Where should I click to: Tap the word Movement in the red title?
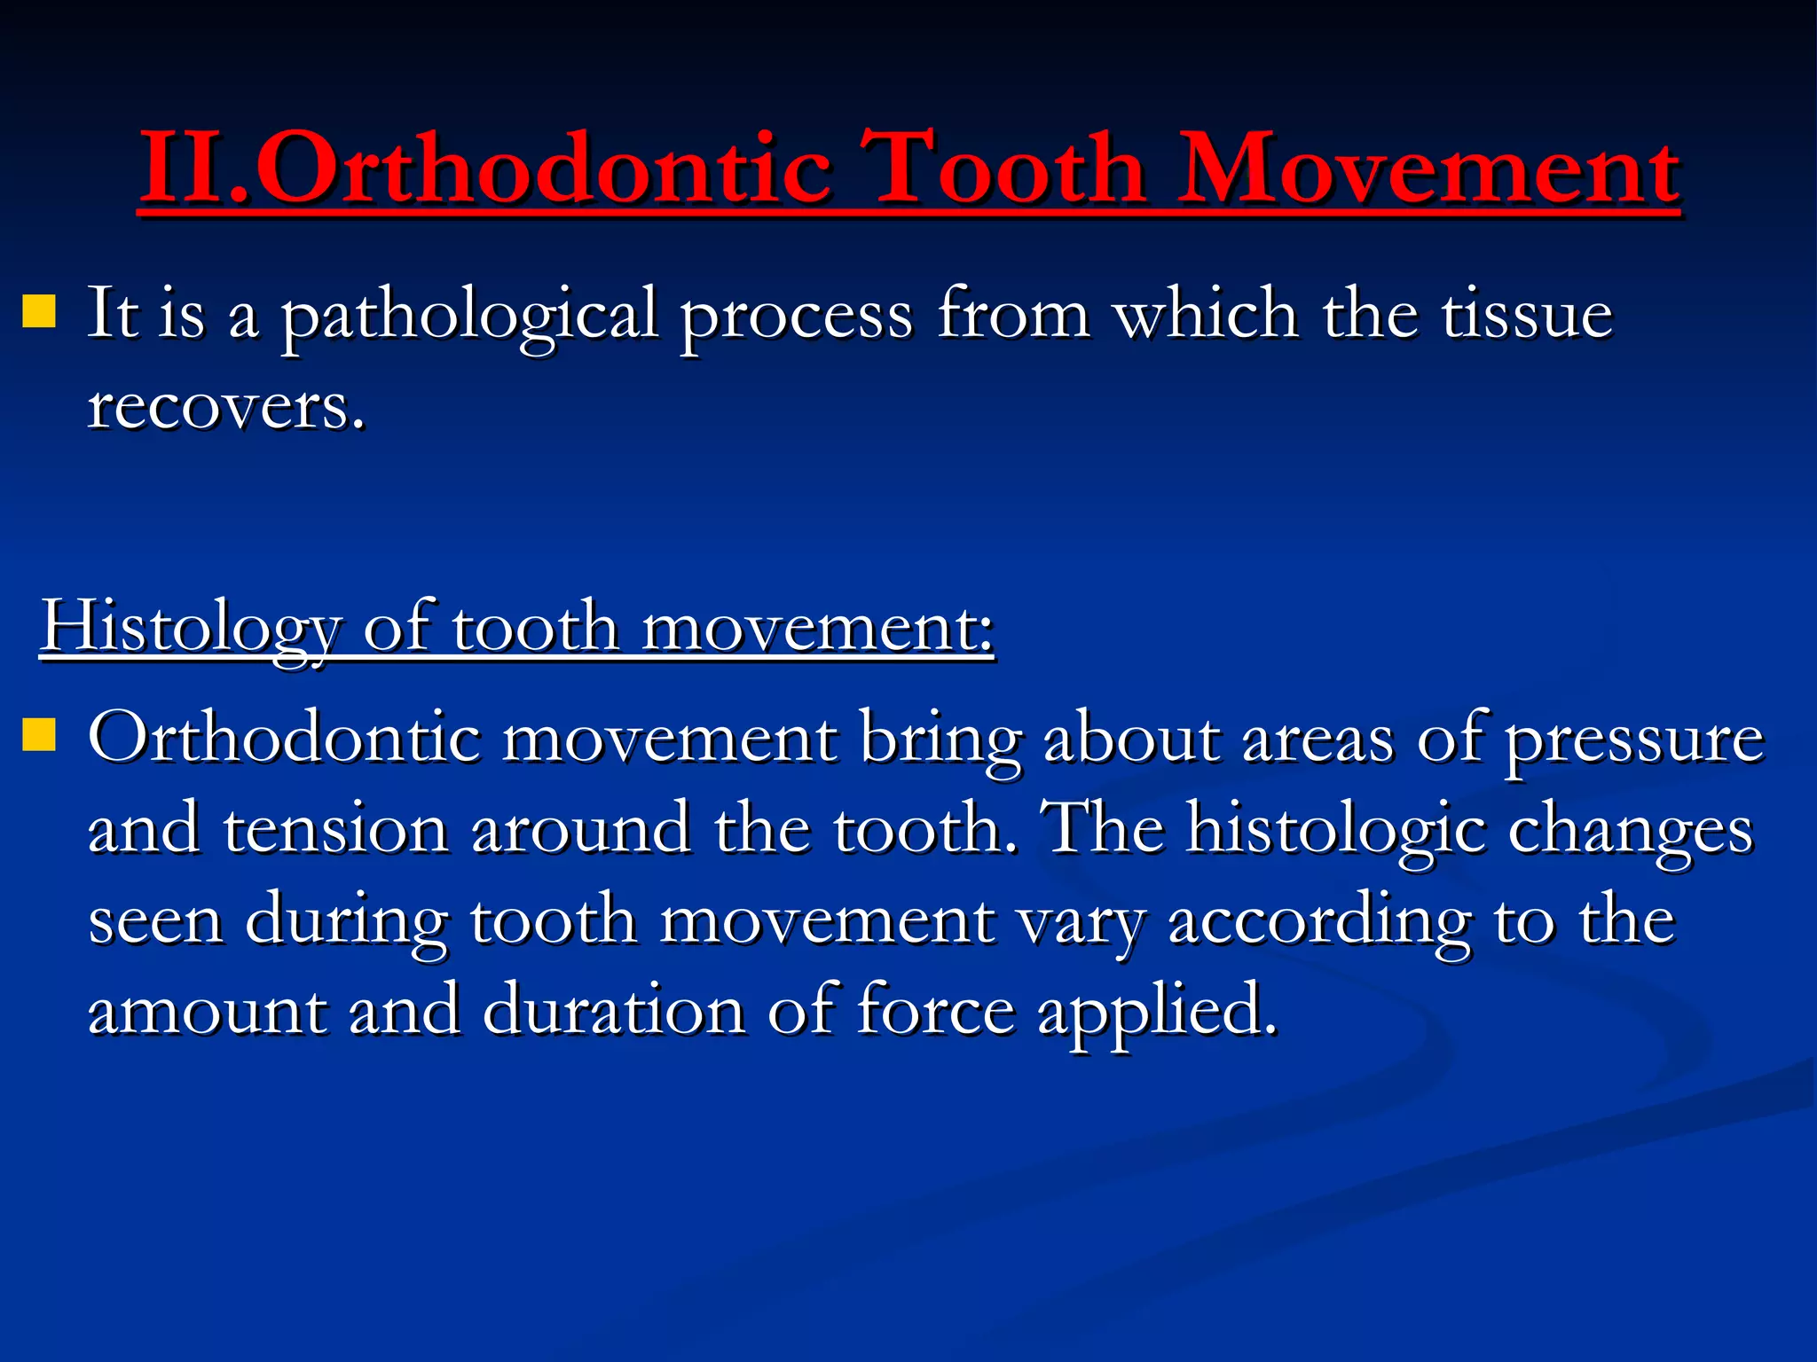click(x=1429, y=168)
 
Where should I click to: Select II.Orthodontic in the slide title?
click(x=485, y=168)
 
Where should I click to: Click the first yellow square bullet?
click(x=39, y=312)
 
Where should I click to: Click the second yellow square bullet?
click(x=39, y=734)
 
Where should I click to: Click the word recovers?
click(x=226, y=407)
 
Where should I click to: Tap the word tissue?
click(x=1526, y=315)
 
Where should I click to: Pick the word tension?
click(x=335, y=829)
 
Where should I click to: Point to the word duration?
click(x=613, y=1010)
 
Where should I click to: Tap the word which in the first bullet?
click(x=1206, y=315)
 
